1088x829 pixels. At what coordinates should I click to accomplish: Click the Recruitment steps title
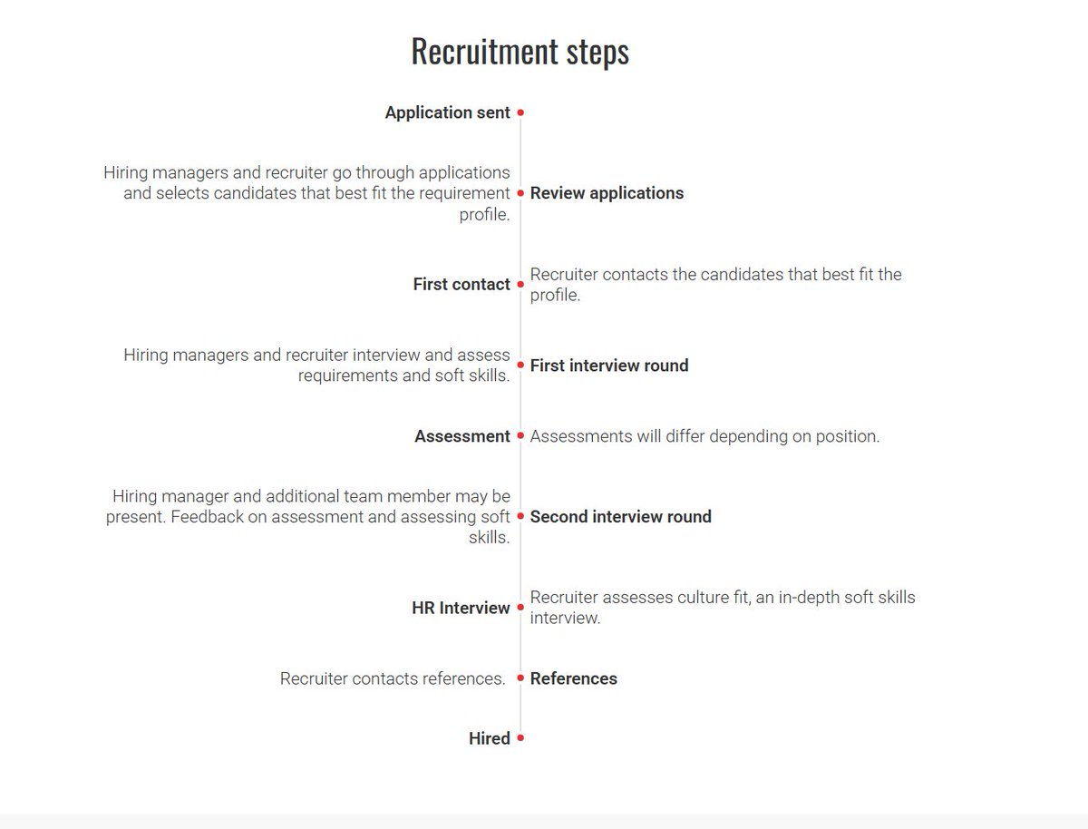point(520,52)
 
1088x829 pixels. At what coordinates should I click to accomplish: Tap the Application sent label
point(448,113)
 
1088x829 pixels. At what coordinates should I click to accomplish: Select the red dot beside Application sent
point(520,113)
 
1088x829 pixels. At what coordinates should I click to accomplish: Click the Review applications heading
point(607,193)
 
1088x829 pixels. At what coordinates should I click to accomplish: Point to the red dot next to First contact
point(520,284)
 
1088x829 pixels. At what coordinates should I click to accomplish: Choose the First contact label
point(461,284)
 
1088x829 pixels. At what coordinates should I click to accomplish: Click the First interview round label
point(609,366)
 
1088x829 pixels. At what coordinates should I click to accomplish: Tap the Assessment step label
point(462,436)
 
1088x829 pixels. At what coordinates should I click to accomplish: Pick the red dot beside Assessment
point(520,436)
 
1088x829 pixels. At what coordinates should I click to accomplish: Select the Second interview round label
point(620,517)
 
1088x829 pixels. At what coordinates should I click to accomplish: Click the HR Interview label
point(461,608)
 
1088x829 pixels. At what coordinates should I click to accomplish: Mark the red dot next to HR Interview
point(520,608)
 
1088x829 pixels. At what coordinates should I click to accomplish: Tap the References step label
point(573,678)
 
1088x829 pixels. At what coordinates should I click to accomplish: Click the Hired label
point(489,738)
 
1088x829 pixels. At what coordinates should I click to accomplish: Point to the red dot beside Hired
point(520,738)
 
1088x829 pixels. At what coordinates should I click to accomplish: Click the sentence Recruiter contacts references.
point(392,678)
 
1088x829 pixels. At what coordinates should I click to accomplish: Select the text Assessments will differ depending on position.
point(704,436)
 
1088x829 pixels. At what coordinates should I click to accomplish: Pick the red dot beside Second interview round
point(520,517)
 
